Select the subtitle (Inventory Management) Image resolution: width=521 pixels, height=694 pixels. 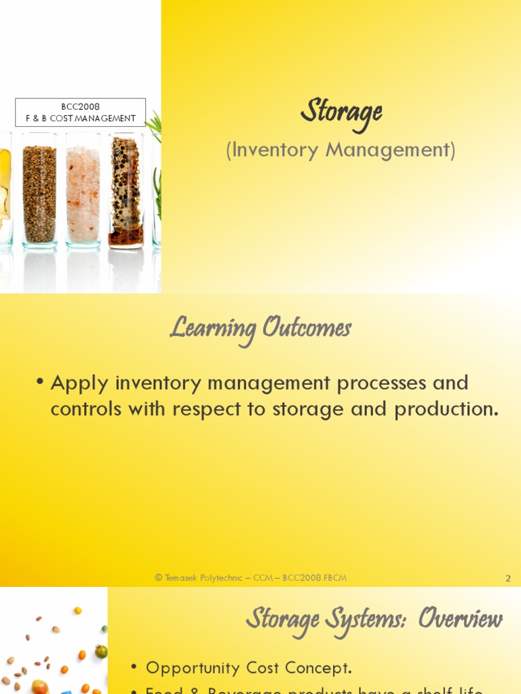pos(341,150)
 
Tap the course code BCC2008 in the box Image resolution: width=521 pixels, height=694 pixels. pos(80,106)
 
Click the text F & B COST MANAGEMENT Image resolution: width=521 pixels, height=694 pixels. pos(81,118)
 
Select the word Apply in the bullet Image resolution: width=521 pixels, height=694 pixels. pos(80,383)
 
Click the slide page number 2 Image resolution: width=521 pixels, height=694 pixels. pos(508,578)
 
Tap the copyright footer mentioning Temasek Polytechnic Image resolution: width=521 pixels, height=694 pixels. pos(251,578)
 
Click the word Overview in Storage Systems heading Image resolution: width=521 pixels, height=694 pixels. pos(460,619)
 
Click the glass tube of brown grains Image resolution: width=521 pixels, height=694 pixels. pos(39,193)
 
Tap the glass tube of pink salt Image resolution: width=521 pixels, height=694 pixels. pos(83,193)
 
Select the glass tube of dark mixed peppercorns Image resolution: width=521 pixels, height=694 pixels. pos(126,193)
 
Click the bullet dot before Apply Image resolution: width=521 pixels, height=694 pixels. pos(41,384)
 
